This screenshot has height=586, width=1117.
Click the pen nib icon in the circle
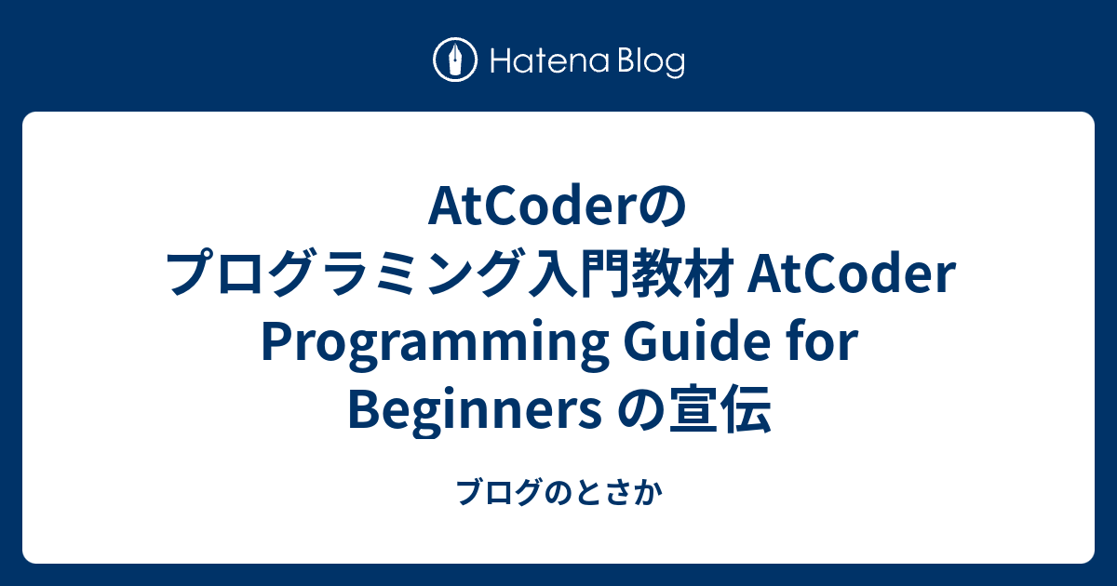[455, 60]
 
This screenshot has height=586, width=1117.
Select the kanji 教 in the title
[656, 273]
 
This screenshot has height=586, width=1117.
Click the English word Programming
[434, 344]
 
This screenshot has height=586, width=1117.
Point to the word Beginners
[475, 409]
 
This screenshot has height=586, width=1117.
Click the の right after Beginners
[639, 410]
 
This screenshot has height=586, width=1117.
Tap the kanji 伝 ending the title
[747, 408]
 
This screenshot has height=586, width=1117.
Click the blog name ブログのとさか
[559, 492]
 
